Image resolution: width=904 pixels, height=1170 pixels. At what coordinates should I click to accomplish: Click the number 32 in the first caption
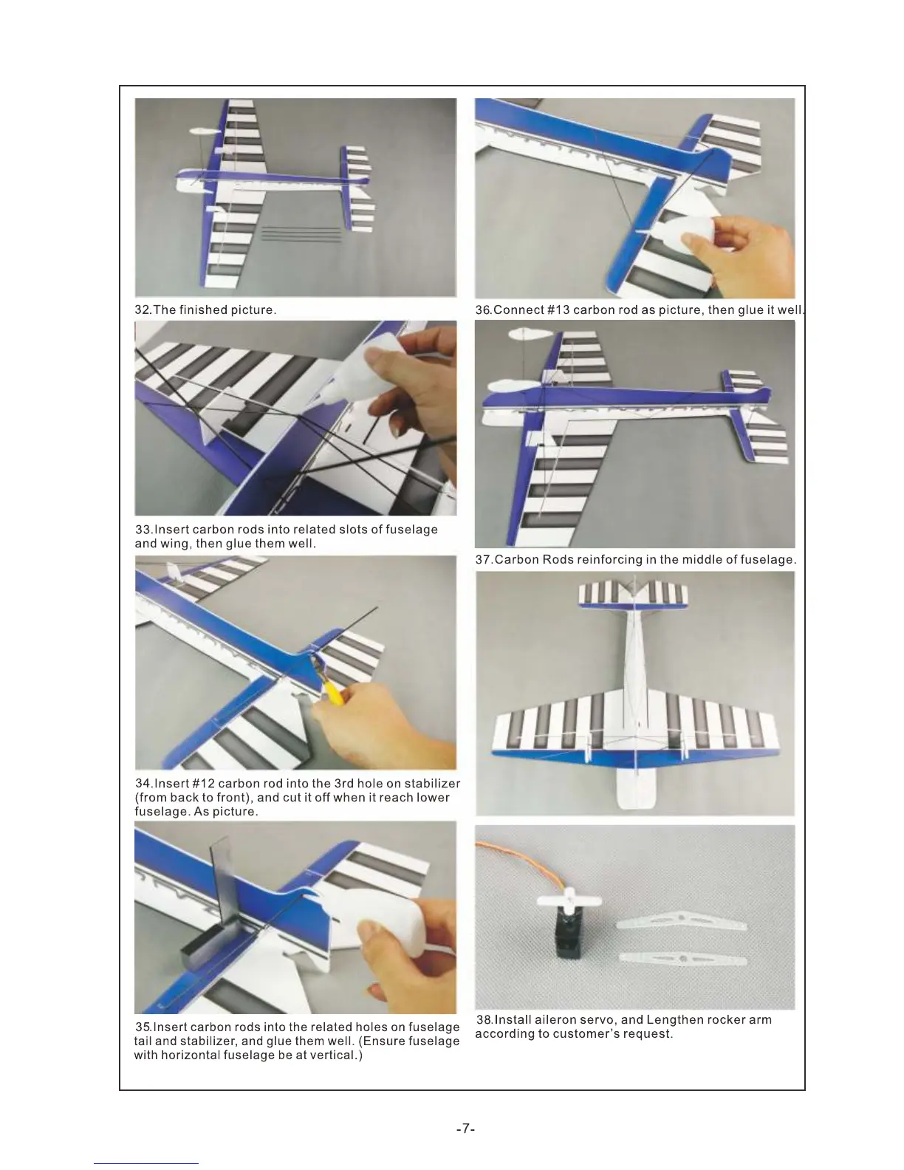tap(143, 309)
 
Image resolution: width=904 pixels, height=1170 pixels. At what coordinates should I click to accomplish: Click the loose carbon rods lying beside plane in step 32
tap(301, 233)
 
